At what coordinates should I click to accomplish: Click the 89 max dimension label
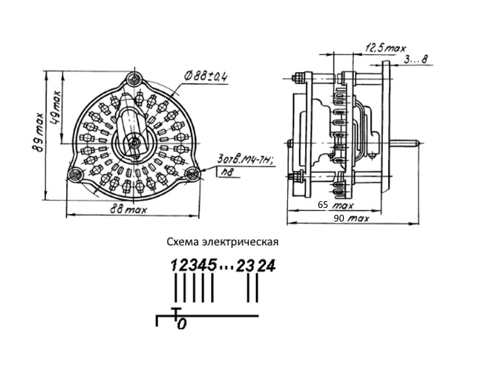tap(39, 132)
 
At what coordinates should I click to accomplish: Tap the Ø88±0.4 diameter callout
tap(206, 76)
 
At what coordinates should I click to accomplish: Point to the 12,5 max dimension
tap(385, 48)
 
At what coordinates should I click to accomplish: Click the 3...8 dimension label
tap(416, 59)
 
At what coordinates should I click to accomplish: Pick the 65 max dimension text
tap(336, 205)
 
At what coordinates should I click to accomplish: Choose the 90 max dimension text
tap(351, 218)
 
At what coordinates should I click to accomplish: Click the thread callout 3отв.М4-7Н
tap(246, 160)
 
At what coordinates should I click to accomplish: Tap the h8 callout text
tap(228, 172)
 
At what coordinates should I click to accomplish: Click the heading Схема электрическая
tap(222, 242)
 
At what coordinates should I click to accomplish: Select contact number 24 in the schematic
tap(267, 266)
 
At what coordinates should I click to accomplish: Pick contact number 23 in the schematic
tap(246, 266)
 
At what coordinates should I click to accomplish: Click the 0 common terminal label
tap(182, 324)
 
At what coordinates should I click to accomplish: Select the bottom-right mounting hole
tap(192, 174)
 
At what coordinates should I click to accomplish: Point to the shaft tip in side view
tap(420, 144)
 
